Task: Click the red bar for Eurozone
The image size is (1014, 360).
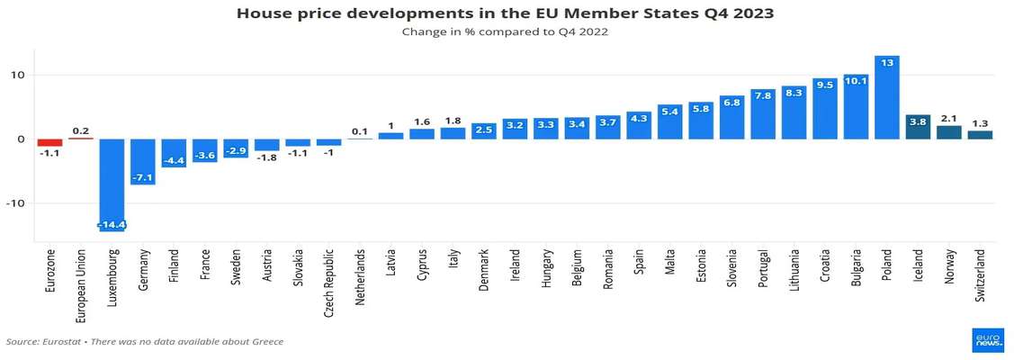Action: click(49, 142)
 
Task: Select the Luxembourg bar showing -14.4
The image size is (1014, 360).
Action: click(112, 184)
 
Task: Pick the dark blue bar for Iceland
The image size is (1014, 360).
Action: click(918, 127)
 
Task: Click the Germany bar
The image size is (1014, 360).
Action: click(144, 162)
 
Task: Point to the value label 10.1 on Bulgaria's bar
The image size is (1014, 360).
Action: click(856, 81)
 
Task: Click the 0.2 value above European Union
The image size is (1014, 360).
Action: click(81, 130)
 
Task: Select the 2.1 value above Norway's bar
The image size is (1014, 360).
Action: click(949, 118)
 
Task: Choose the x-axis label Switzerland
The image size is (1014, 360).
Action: click(980, 275)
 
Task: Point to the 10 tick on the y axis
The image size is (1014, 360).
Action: click(16, 75)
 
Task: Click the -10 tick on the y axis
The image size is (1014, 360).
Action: click(13, 203)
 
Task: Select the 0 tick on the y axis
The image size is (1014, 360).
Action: click(19, 139)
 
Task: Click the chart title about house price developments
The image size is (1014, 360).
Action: click(506, 13)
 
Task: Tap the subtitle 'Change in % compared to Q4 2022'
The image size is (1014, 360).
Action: click(506, 31)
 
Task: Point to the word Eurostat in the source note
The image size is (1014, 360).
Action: click(65, 342)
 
